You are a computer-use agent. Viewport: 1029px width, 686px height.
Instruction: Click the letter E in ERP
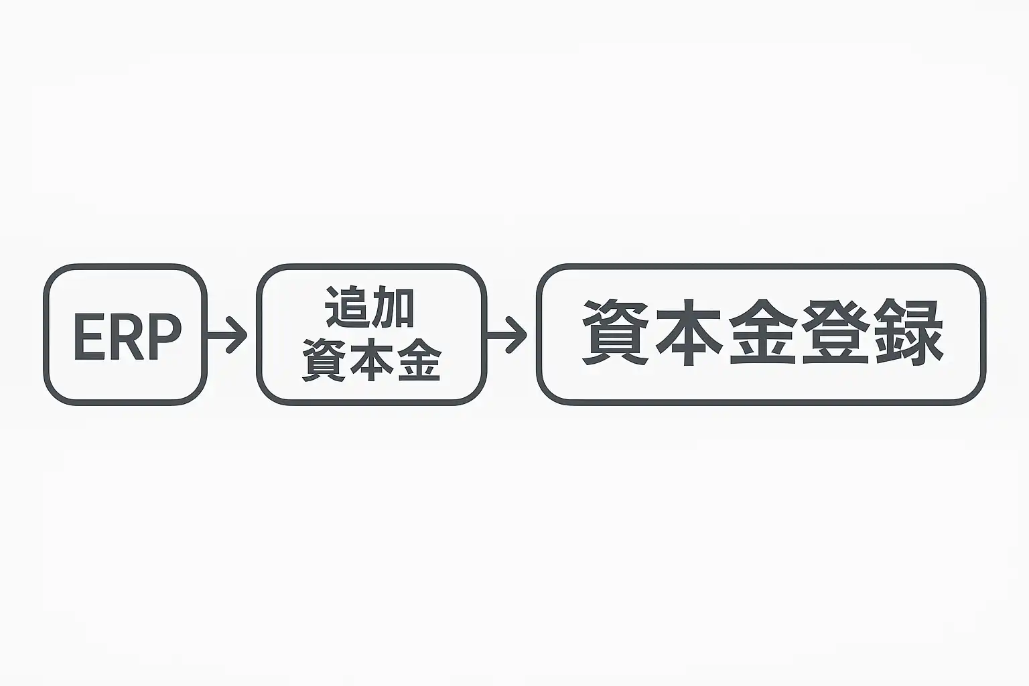click(86, 337)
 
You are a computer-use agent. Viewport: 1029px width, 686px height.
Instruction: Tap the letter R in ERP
click(125, 337)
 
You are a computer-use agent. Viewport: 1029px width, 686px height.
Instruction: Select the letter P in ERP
click(164, 337)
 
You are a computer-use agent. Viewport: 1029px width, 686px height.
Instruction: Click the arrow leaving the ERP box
click(226, 334)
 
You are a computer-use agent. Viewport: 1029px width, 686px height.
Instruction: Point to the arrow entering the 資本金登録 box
click(507, 334)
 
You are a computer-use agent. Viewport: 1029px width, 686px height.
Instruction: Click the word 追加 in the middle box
click(370, 307)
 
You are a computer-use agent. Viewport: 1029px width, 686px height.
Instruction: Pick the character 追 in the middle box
click(347, 307)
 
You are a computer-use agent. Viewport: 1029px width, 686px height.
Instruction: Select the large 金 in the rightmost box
click(762, 333)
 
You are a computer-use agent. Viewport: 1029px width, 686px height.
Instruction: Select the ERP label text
click(126, 337)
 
